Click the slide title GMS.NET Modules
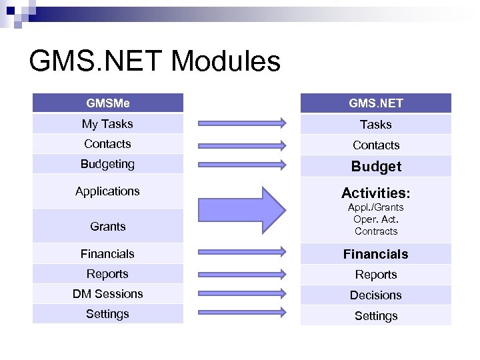tap(155, 61)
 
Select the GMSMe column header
tap(108, 103)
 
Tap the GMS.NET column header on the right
tap(375, 103)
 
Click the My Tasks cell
tap(108, 124)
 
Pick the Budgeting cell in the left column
tap(108, 164)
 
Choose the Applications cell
tap(108, 191)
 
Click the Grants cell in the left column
tap(108, 227)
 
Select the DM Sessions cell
tap(108, 294)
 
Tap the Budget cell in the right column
tap(375, 167)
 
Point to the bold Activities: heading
tap(375, 193)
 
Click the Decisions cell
tap(375, 295)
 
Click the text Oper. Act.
tap(375, 219)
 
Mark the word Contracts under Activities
tap(375, 231)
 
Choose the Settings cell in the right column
tap(375, 316)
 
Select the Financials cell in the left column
tap(108, 254)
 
